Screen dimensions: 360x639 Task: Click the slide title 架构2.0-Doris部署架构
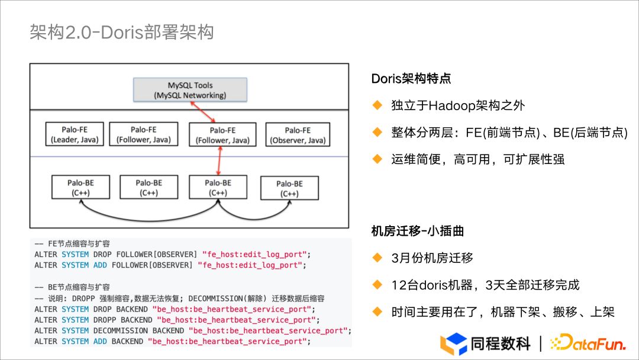click(x=121, y=32)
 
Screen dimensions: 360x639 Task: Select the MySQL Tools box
click(x=190, y=90)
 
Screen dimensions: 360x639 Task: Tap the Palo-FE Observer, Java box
click(x=298, y=135)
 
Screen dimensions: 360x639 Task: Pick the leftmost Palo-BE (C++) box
click(x=80, y=188)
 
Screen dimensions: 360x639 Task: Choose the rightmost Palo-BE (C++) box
click(x=289, y=188)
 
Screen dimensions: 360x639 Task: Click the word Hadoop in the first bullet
click(x=450, y=106)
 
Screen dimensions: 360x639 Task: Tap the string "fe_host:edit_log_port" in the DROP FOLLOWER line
click(x=254, y=255)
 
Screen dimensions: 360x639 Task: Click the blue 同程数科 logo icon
click(x=453, y=343)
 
